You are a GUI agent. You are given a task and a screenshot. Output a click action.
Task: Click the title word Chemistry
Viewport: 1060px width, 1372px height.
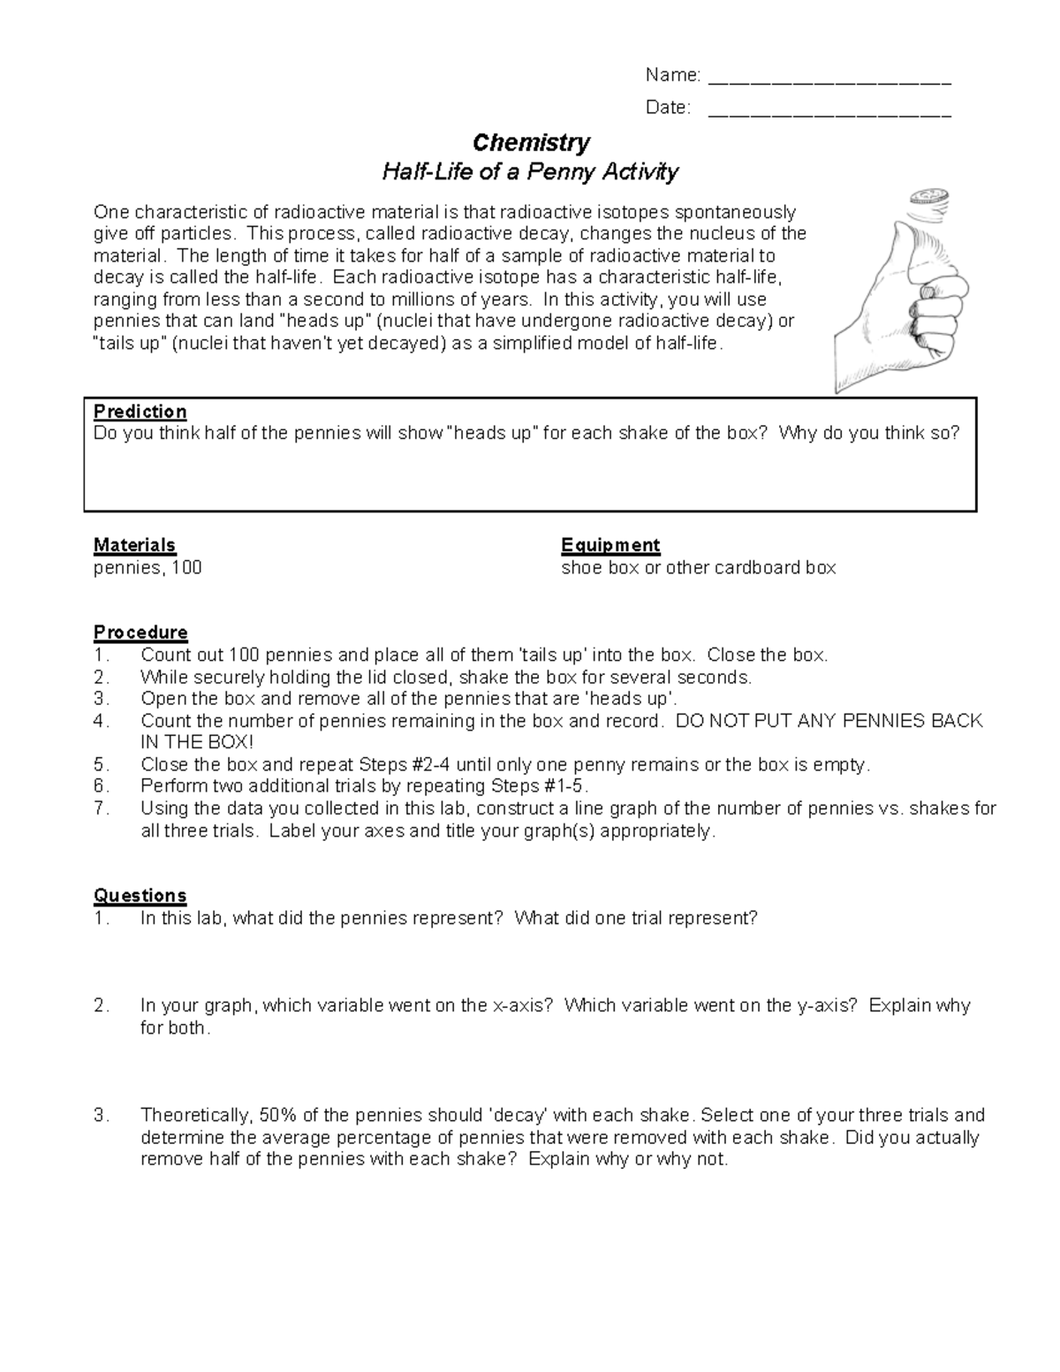click(531, 142)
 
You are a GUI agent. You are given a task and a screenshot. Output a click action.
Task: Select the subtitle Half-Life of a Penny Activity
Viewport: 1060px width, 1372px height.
click(530, 171)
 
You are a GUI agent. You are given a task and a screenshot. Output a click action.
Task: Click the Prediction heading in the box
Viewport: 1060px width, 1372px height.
click(140, 412)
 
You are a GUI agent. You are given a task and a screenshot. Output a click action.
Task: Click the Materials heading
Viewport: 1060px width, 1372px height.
click(134, 545)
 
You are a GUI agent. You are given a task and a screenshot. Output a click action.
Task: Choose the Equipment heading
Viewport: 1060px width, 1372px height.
click(610, 545)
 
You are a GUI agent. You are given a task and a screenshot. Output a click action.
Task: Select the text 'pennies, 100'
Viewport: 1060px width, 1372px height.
click(148, 568)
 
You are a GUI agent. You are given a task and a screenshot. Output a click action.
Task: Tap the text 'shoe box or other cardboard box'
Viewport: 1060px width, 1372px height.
click(698, 568)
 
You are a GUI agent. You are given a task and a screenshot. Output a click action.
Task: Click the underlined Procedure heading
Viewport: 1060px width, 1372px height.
click(140, 633)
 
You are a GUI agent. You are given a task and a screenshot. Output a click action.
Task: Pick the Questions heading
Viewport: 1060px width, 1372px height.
click(140, 896)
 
